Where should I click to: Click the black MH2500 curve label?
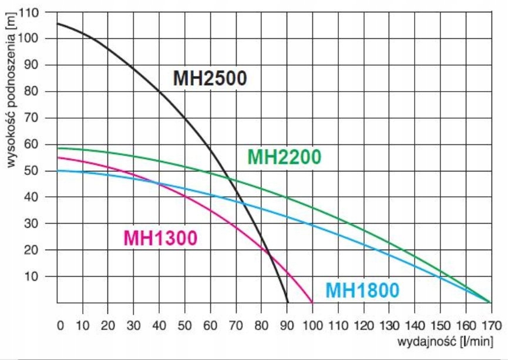pos(210,78)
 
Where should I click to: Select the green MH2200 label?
pos(284,157)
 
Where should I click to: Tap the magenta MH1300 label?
pos(160,238)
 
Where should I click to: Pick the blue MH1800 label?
pos(362,290)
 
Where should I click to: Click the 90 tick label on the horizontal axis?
pos(287,325)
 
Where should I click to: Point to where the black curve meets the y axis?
pos(57,23)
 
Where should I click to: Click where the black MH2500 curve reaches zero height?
pos(288,302)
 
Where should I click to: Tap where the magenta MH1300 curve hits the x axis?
pos(312,302)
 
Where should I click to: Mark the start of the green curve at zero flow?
pos(57,148)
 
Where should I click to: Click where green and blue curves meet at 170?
pos(490,302)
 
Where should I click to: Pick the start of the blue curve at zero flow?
pos(57,170)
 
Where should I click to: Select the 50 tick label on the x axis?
pos(185,325)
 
